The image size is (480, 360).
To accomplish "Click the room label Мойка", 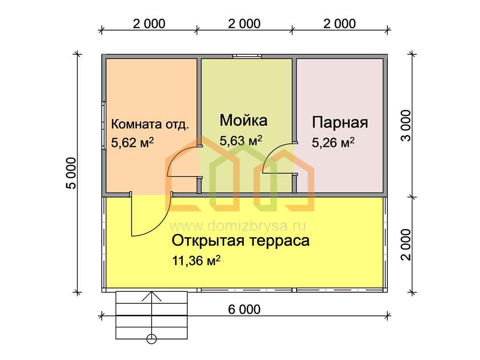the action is coord(243,120).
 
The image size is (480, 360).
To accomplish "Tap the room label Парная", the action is coord(340,122).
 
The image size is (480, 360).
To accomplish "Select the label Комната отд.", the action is coord(150,124).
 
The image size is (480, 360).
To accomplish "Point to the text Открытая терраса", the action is coord(240,241).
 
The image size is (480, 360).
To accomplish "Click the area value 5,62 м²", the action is coord(132,143).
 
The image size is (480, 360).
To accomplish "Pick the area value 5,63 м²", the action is coord(241,141).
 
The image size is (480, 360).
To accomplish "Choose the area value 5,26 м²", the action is coord(333,143).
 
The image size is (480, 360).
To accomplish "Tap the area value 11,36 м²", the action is coord(196,261).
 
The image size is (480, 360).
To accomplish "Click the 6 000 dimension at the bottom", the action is coord(244,310).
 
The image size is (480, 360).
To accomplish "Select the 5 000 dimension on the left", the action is coord(71,173).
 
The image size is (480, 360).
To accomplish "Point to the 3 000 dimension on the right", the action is coord(406,125).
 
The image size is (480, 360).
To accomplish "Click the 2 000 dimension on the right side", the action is coord(406,244).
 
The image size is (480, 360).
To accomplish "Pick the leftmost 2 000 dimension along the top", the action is coord(149,24).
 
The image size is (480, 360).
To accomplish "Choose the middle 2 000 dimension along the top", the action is coord(244,24).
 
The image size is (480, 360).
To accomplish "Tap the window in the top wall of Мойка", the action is coord(247,56).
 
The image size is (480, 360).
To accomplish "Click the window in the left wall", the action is coord(104,125).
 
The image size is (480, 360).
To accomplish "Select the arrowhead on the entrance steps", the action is coord(152,297).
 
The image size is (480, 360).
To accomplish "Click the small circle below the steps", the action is coord(152,339).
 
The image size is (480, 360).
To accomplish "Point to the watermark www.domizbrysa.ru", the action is coord(238,226).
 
